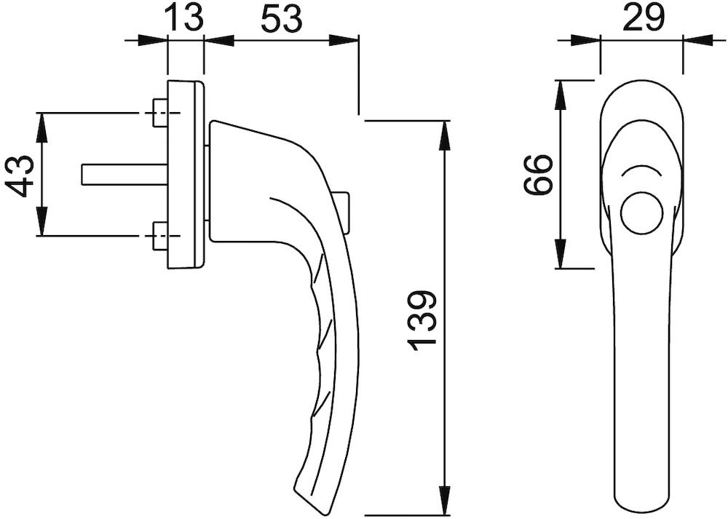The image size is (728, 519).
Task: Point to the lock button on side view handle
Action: point(343,211)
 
